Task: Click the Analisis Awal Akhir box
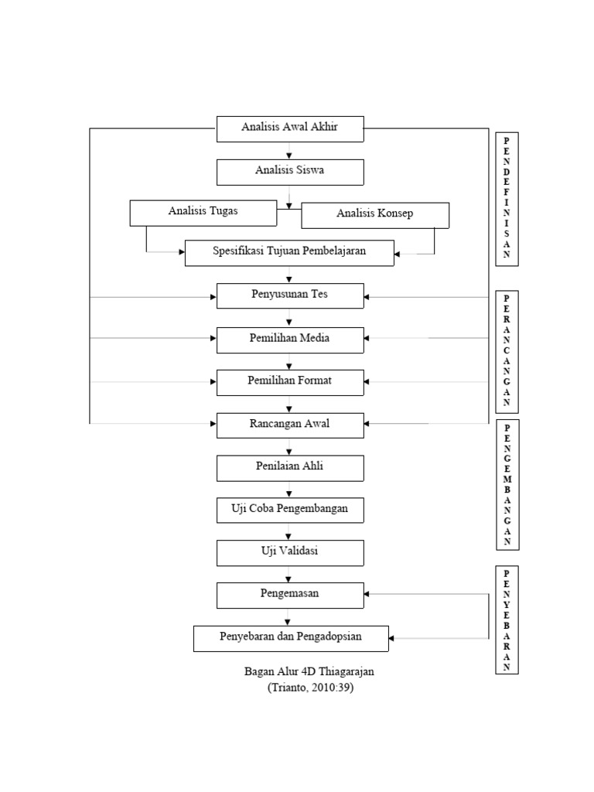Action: [289, 128]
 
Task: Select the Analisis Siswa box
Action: [289, 172]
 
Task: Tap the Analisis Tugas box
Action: [203, 213]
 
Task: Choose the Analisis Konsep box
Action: [374, 215]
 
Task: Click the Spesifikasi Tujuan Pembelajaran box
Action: [289, 252]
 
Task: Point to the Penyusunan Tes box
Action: [289, 295]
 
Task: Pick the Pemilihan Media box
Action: [289, 340]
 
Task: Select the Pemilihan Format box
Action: [289, 382]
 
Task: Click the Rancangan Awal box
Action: [289, 425]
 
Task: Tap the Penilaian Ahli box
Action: [289, 468]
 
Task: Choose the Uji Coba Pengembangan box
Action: [289, 510]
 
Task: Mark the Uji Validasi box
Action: [289, 552]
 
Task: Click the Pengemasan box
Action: [289, 595]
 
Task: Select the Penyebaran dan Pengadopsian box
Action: [291, 638]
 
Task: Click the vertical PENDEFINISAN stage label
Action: [507, 199]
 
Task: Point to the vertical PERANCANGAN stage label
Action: [507, 352]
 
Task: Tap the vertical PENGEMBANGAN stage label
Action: [507, 484]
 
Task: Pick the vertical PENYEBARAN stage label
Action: [507, 620]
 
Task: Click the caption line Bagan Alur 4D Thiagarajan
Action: [309, 672]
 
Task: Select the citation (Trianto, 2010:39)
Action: [309, 688]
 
